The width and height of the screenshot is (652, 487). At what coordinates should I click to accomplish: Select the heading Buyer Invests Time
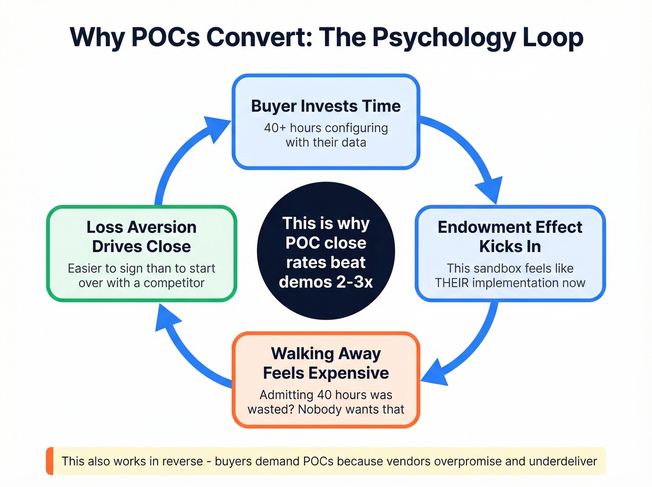326,106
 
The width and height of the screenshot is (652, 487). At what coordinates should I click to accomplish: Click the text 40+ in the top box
275,128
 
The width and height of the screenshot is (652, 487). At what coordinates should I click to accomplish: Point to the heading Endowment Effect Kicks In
510,236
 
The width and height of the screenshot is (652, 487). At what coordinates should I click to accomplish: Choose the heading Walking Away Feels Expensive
326,363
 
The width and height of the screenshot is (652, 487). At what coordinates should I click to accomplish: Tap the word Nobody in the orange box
319,409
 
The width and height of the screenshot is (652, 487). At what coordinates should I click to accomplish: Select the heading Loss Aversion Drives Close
142,236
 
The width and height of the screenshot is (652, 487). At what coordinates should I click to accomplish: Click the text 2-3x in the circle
353,282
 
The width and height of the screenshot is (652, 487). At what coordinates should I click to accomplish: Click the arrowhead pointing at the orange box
435,373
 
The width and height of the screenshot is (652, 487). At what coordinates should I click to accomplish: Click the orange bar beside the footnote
49,461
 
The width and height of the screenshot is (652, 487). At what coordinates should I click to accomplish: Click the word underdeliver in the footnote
563,461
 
